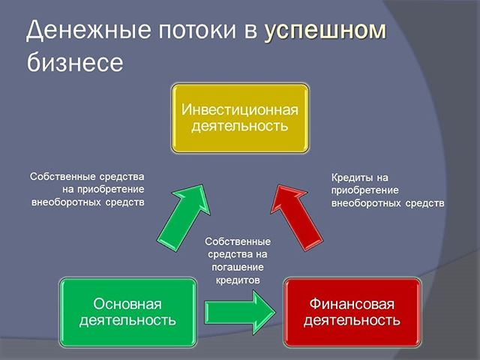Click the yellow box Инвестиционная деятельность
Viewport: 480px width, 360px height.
(x=240, y=118)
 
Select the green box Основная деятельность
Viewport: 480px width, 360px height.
(x=128, y=312)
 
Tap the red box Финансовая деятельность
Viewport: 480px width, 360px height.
(x=352, y=312)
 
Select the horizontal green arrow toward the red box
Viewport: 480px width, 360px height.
(x=240, y=312)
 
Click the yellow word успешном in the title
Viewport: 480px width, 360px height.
(x=325, y=31)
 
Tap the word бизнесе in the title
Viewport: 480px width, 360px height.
(x=75, y=61)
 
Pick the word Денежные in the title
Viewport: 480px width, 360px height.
(x=88, y=31)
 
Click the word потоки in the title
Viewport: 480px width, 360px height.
(x=197, y=30)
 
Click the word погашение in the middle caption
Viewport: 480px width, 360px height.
(x=238, y=267)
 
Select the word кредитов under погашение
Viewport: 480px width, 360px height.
(x=238, y=280)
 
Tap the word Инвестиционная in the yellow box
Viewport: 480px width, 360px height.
(x=240, y=109)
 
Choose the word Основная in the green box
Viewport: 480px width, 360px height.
(x=127, y=304)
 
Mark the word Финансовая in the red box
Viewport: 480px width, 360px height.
(x=352, y=304)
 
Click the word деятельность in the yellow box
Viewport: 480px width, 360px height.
(x=240, y=126)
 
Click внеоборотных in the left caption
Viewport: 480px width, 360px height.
(x=67, y=202)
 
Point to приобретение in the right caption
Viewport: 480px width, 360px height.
(x=365, y=190)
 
